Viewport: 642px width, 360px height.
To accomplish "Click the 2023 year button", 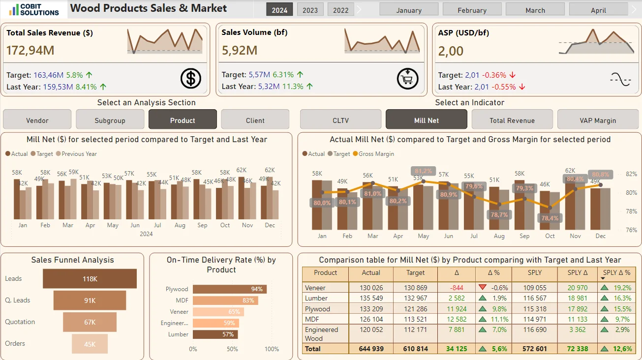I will point(310,10).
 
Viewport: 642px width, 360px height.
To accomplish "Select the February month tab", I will point(472,10).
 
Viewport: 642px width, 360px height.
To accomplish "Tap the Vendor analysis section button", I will point(37,120).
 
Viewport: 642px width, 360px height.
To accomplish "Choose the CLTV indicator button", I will point(340,120).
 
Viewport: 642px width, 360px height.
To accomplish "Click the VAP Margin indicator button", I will point(598,120).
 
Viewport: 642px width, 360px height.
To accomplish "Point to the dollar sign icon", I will point(191,79).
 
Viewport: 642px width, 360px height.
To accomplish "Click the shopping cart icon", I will point(407,79).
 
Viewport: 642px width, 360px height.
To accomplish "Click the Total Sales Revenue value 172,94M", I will point(31,50).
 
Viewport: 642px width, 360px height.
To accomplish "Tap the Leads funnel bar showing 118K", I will point(90,279).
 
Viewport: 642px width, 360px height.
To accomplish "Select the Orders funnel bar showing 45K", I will point(90,344).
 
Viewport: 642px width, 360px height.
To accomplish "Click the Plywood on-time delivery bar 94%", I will point(230,289).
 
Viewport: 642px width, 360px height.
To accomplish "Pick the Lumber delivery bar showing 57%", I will point(215,334).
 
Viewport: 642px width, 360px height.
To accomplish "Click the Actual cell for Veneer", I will point(371,288).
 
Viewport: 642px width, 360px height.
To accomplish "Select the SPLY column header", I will point(534,272).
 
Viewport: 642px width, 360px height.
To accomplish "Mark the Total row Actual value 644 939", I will point(371,349).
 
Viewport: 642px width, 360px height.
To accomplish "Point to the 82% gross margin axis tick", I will point(631,174).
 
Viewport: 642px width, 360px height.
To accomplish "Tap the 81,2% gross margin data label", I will point(423,172).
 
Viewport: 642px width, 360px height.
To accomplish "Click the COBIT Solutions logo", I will point(34,9).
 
